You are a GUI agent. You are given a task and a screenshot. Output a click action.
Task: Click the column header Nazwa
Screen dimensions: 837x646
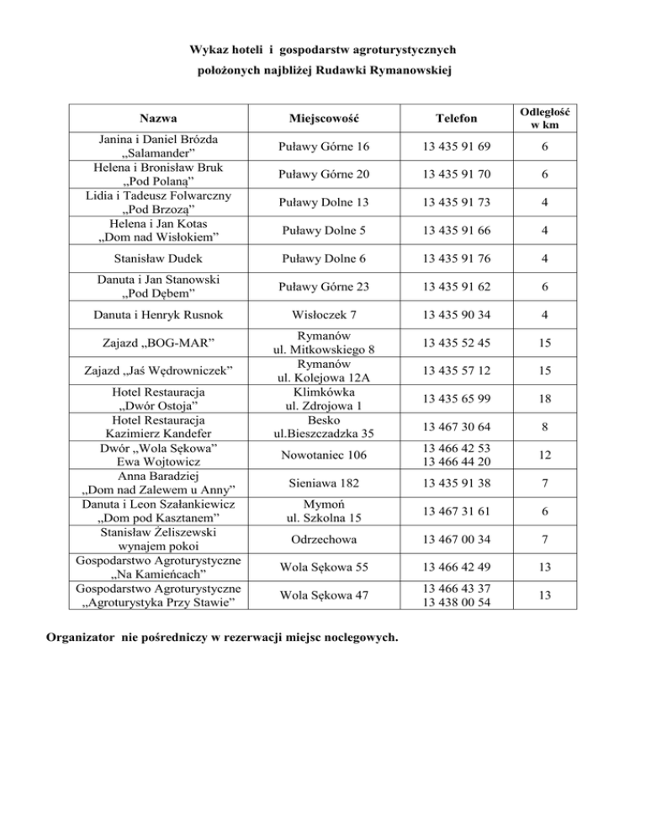coord(158,120)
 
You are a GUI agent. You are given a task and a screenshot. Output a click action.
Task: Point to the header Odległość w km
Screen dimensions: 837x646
coord(547,119)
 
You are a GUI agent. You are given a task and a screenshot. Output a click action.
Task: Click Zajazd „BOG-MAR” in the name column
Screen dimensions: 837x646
coord(158,344)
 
